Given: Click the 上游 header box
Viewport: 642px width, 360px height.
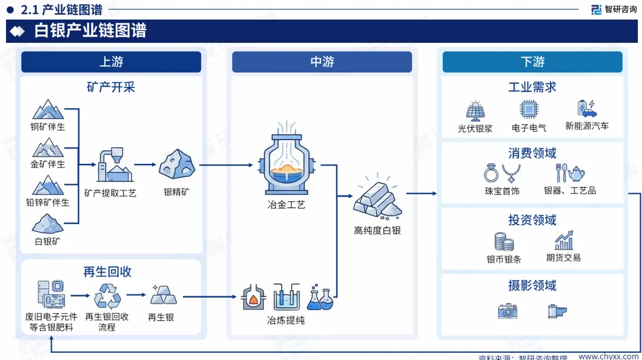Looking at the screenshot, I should click(x=111, y=62).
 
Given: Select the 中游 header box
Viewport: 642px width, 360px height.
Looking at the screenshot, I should click(x=322, y=62).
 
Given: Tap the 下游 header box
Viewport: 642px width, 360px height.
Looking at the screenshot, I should click(x=532, y=62).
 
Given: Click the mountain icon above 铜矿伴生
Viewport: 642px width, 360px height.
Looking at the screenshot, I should click(x=48, y=110).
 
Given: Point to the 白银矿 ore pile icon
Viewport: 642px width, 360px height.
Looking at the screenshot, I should click(x=48, y=224).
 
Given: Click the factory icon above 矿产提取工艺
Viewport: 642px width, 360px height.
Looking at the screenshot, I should click(x=115, y=165).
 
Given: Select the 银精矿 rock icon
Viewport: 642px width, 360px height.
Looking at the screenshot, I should click(x=177, y=163).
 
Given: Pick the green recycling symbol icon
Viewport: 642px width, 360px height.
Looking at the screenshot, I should click(x=108, y=295).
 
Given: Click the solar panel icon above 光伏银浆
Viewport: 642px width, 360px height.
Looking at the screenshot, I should click(x=475, y=110).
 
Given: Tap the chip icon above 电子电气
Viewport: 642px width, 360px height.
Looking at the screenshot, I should click(x=528, y=110).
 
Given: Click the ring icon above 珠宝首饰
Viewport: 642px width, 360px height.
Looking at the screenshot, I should click(x=491, y=173).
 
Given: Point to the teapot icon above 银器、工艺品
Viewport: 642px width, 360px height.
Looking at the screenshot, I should click(x=576, y=173).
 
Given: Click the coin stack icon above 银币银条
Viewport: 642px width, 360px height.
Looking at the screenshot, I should click(x=503, y=241).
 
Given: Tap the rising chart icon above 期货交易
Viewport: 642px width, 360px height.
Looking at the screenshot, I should click(x=564, y=240).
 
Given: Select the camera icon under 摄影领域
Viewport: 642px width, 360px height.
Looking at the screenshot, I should click(x=508, y=311).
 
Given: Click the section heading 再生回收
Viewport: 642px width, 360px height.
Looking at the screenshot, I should click(x=108, y=272).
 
